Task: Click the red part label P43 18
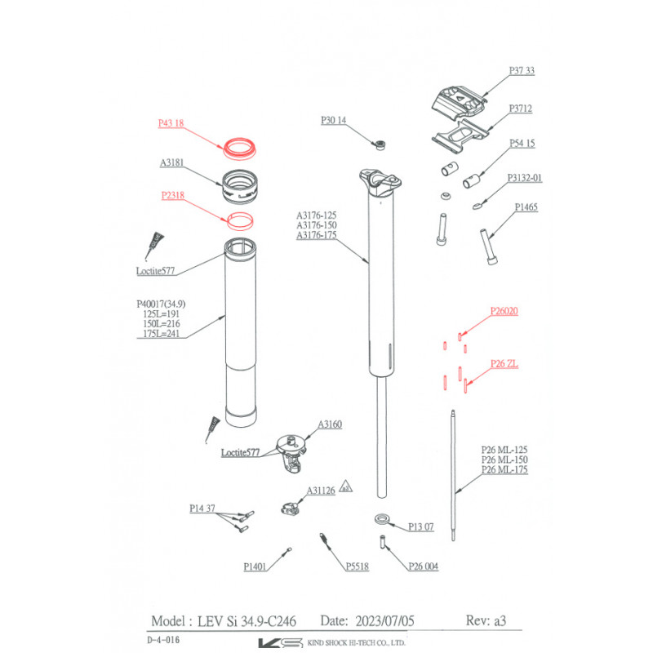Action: (x=171, y=124)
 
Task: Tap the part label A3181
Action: (x=172, y=163)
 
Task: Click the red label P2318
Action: (x=173, y=196)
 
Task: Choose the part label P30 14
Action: (x=334, y=120)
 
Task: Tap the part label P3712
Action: (x=521, y=109)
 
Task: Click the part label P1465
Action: (x=526, y=208)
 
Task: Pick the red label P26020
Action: (x=504, y=311)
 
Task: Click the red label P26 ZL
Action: (x=504, y=364)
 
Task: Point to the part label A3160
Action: (x=330, y=425)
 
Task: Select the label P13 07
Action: (x=422, y=526)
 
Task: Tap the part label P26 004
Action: (x=424, y=566)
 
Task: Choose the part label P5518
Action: (x=358, y=566)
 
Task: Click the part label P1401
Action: (x=258, y=566)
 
